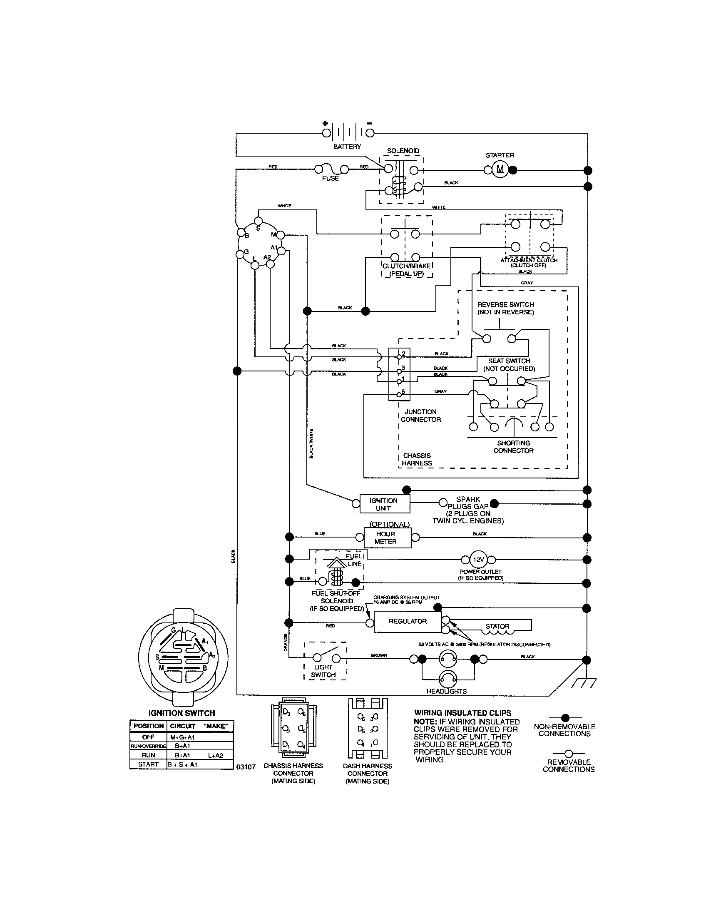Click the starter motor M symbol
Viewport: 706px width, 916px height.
(500, 169)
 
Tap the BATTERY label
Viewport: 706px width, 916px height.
(347, 147)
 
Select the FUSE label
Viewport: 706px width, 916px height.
(331, 178)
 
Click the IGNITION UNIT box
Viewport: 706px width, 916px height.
(385, 504)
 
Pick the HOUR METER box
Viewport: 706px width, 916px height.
(385, 538)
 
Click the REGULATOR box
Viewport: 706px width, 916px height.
(408, 622)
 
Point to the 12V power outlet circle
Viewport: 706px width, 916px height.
(478, 560)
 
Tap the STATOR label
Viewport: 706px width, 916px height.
(497, 626)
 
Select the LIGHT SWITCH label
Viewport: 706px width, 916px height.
(323, 671)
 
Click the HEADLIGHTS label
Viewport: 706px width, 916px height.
(447, 691)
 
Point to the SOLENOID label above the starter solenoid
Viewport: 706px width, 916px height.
(403, 151)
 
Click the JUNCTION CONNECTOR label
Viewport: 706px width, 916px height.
(420, 416)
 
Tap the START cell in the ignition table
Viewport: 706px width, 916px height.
(148, 764)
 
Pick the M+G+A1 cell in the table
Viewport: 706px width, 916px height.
(183, 737)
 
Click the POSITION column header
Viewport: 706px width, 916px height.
(149, 726)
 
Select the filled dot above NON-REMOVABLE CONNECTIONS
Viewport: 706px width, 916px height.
(565, 718)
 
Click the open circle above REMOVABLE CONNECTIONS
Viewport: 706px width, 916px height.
(569, 753)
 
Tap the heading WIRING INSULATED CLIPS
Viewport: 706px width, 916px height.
(462, 713)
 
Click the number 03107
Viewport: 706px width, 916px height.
(246, 767)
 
